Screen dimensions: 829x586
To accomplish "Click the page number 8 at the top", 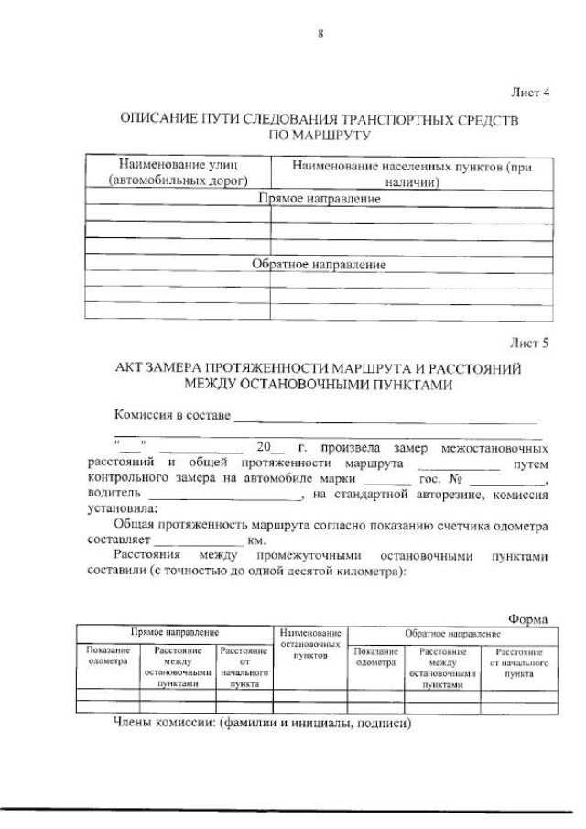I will coord(320,34).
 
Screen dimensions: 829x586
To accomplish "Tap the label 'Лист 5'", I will coord(529,344).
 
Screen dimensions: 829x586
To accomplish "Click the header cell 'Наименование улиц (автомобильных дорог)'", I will coord(178,173).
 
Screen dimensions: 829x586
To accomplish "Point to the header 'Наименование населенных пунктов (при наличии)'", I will coord(411,173).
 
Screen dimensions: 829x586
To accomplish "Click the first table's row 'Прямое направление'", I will coord(319,198).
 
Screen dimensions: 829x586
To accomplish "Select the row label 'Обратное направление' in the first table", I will coord(319,265).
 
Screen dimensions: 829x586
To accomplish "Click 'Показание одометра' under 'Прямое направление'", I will coord(107,656).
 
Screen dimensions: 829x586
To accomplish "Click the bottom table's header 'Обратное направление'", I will coord(452,633).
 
